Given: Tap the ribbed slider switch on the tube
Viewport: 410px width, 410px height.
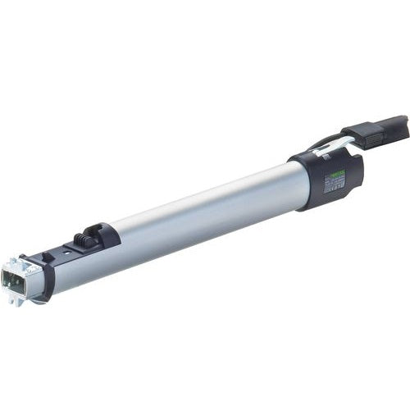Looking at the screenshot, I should coord(83,240).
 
